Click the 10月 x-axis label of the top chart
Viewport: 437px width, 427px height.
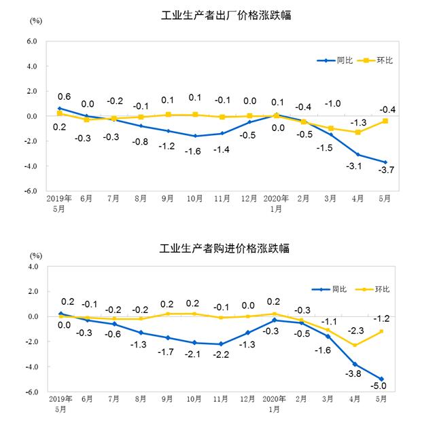coord(195,198)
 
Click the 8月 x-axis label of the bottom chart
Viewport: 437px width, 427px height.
coord(141,400)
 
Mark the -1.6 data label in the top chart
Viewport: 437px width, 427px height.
coord(195,150)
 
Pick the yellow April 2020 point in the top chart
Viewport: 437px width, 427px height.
coord(358,132)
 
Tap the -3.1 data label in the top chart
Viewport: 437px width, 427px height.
coord(358,166)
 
